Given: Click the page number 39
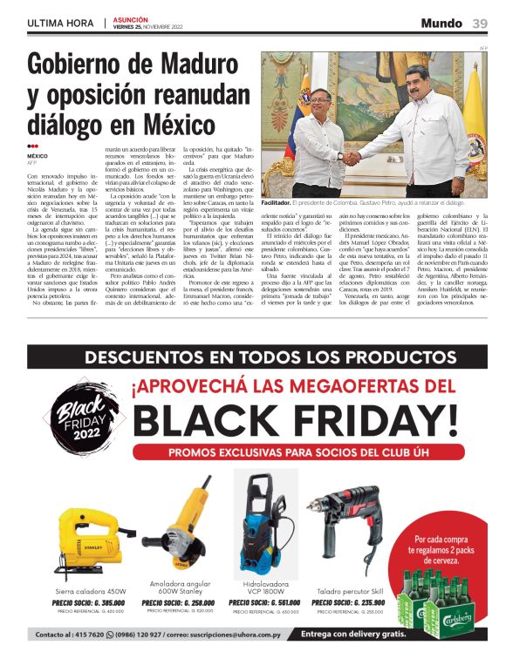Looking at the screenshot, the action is [480, 23].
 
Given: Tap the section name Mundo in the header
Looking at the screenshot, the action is [441, 23].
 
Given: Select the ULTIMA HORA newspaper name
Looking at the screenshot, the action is [60, 23].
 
